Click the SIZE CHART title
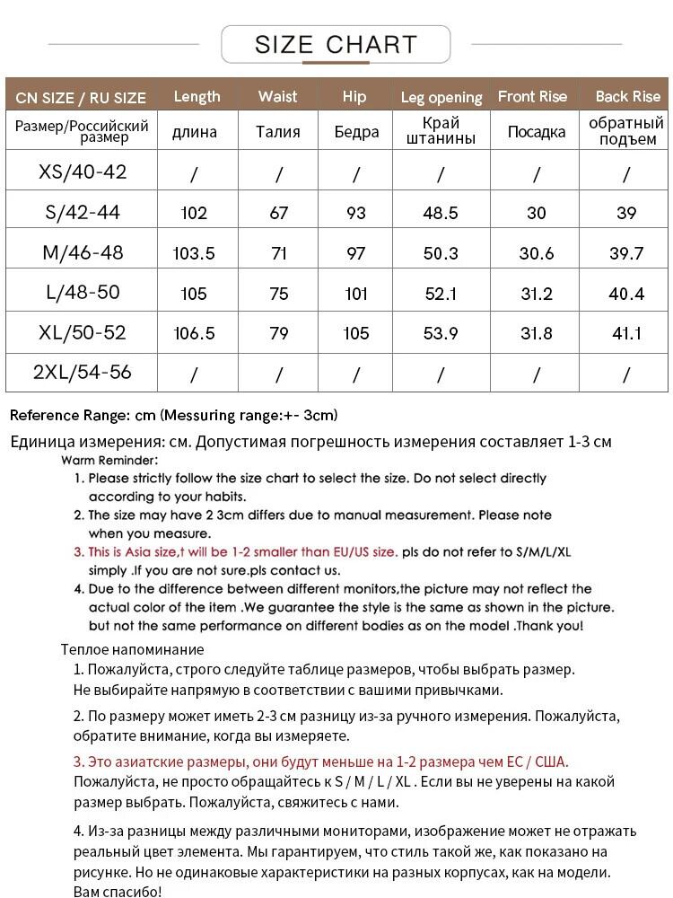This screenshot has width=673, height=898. click(336, 44)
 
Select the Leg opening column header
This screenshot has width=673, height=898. click(441, 97)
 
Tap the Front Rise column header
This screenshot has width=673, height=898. click(533, 96)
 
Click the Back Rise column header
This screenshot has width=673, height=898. click(627, 96)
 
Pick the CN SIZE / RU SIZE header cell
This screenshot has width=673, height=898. click(81, 97)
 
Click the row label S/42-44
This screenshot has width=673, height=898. click(82, 213)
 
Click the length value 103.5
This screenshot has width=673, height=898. click(194, 253)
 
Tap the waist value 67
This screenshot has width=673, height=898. click(278, 213)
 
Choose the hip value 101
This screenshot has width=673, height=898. click(356, 294)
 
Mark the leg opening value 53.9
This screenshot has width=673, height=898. click(441, 333)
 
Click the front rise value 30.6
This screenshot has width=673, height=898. click(537, 253)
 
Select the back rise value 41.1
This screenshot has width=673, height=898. click(626, 333)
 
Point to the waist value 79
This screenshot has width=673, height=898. click(278, 333)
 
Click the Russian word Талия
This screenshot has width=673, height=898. click(278, 132)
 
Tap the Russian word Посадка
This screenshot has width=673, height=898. click(537, 132)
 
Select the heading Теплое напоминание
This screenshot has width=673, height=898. click(133, 649)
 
